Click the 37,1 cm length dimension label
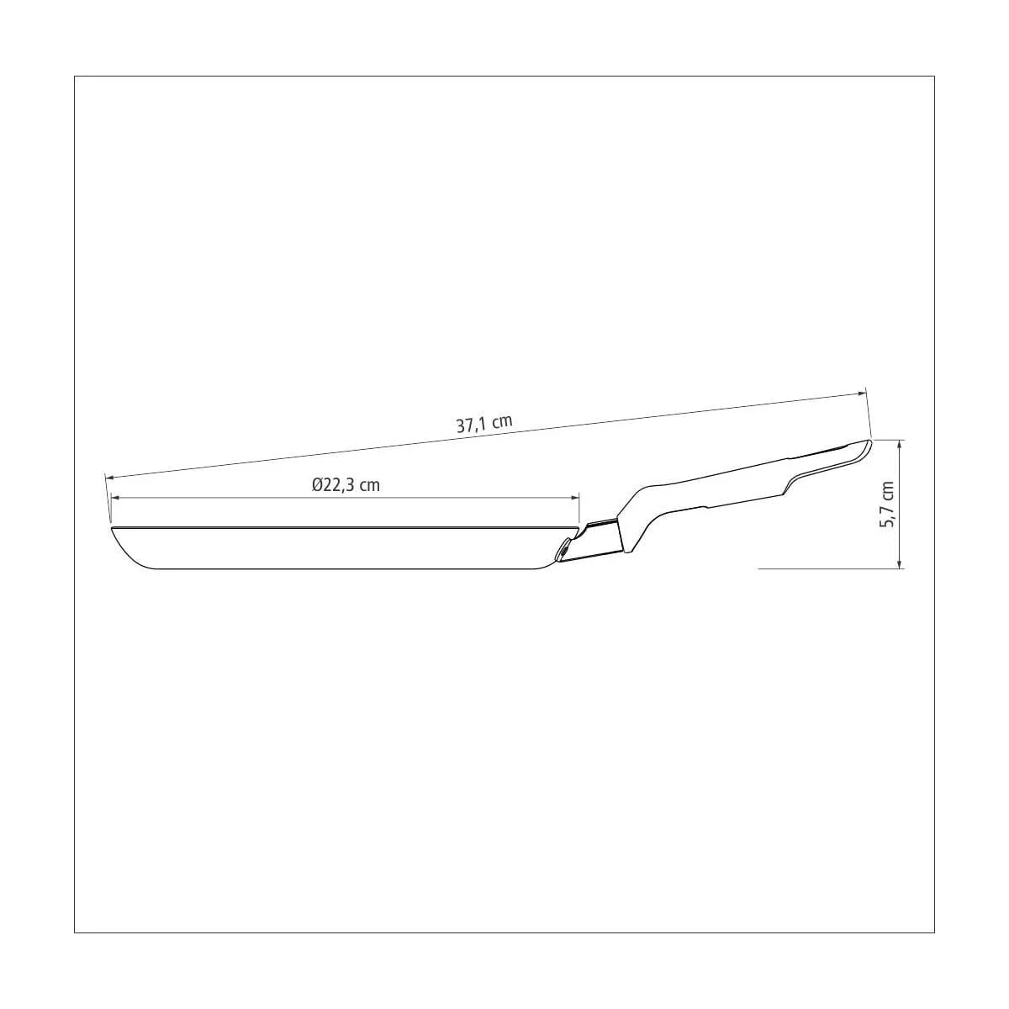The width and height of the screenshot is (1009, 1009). coord(483,423)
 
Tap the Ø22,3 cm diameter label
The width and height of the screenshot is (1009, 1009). coord(346,485)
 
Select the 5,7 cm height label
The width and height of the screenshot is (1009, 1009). coord(887,504)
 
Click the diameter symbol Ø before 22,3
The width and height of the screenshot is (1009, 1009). coord(317,485)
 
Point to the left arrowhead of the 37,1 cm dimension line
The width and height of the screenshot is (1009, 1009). coord(111,478)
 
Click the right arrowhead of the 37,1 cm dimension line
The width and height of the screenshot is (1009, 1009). coord(859,394)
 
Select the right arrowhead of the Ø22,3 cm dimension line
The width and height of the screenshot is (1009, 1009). coord(574,498)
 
